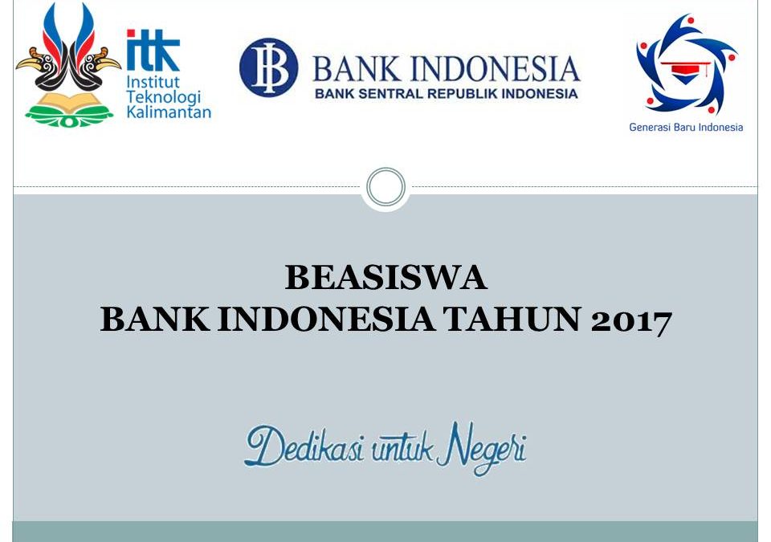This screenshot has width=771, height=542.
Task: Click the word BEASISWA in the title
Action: pyautogui.click(x=385, y=278)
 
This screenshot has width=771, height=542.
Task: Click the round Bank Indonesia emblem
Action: pyautogui.click(x=267, y=68)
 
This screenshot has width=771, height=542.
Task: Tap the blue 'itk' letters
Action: pyautogui.click(x=153, y=51)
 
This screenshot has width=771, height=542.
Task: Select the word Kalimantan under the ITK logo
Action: pyautogui.click(x=169, y=112)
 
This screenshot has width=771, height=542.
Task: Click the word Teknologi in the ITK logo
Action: pyautogui.click(x=164, y=97)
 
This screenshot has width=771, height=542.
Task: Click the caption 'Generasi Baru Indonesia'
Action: pyautogui.click(x=686, y=127)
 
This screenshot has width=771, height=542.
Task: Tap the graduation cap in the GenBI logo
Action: pyautogui.click(x=685, y=71)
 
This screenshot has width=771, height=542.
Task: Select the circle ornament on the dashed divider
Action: pyautogui.click(x=385, y=188)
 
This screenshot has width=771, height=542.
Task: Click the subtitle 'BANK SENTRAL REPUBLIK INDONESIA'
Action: pyautogui.click(x=446, y=93)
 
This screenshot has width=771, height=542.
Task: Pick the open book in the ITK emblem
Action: pyautogui.click(x=68, y=102)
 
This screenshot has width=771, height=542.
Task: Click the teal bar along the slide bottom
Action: pyautogui.click(x=385, y=532)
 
